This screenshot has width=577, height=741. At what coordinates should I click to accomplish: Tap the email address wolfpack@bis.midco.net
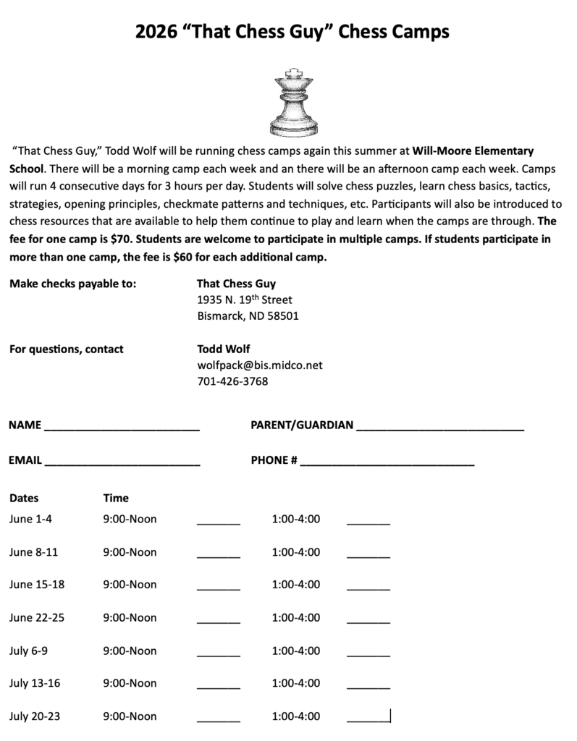pos(260,365)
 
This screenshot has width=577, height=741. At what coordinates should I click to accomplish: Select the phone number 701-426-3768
pos(232,381)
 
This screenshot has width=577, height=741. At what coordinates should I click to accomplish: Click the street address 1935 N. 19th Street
pos(245,300)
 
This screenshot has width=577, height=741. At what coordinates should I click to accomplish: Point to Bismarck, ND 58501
pos(248,316)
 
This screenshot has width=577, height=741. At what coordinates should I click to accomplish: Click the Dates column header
pos(24,498)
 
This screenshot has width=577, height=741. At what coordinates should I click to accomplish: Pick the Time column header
pos(116,498)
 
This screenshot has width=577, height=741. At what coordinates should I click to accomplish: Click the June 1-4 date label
pos(31,519)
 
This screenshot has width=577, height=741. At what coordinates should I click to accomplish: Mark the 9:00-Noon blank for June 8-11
pos(218,555)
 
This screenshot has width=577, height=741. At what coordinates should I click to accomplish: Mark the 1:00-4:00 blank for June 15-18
pos(368,588)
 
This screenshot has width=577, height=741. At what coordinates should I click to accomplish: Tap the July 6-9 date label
pos(29,651)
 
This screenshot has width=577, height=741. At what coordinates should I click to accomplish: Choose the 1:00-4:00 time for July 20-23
pos(296,716)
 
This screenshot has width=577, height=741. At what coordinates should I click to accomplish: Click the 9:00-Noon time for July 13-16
pos(130,683)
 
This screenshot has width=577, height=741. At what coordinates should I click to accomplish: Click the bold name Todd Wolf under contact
pos(224,349)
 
